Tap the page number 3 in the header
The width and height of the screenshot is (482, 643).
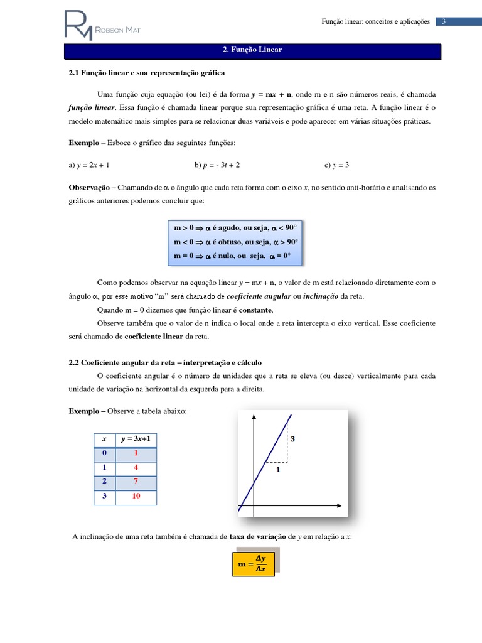click(x=443, y=21)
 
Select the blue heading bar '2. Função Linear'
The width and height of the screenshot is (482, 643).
click(x=253, y=50)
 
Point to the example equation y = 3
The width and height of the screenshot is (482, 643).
click(x=336, y=165)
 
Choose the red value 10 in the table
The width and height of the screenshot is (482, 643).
click(x=136, y=496)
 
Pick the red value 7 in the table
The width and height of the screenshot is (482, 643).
click(x=136, y=482)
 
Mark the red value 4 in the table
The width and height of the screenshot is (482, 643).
click(x=136, y=467)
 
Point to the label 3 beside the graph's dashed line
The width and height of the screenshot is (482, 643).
click(x=292, y=439)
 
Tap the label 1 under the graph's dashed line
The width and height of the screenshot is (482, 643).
click(x=277, y=468)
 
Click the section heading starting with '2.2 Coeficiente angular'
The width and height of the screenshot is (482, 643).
click(x=165, y=362)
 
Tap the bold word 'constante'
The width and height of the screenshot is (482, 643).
click(x=256, y=310)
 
